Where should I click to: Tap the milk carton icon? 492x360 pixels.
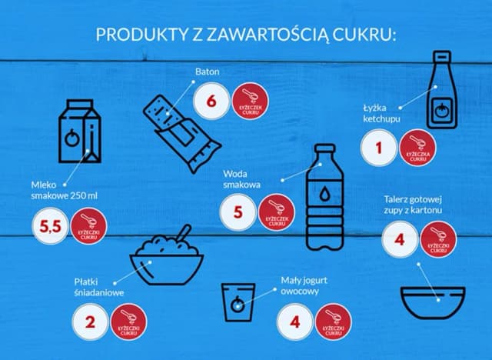pos(81,132)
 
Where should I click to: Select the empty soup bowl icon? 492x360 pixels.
pos(433,304)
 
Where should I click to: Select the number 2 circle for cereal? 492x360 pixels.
pos(91,322)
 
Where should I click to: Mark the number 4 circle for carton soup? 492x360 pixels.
pos(399,239)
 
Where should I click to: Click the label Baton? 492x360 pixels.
pos(207,72)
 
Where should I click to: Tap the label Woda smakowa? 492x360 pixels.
pos(242,179)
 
